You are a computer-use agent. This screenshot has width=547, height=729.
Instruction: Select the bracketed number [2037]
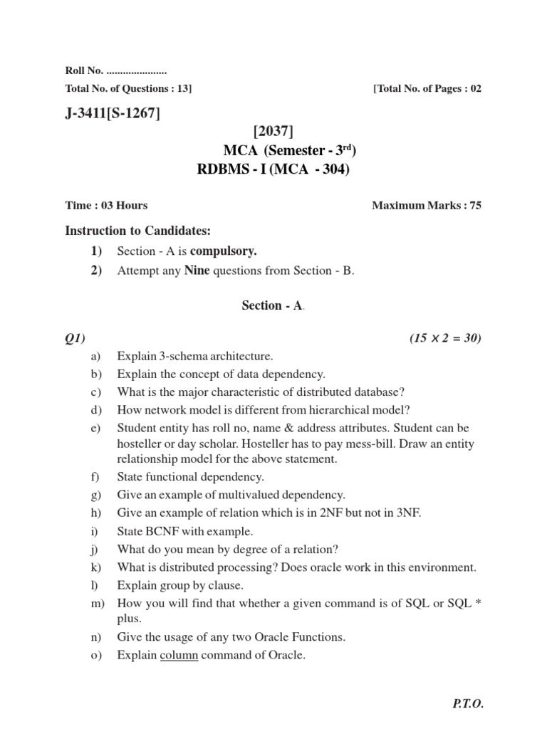click(273, 131)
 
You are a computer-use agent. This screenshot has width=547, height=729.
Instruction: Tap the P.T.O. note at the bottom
click(467, 703)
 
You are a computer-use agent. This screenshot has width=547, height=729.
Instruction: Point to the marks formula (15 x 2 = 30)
click(445, 338)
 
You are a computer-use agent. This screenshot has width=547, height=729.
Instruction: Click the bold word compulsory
click(223, 251)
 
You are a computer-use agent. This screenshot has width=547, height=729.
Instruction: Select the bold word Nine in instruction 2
click(197, 271)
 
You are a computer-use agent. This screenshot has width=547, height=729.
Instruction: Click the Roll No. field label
click(84, 70)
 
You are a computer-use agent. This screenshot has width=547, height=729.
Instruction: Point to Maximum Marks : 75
click(427, 206)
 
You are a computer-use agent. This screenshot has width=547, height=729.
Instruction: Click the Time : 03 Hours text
click(106, 206)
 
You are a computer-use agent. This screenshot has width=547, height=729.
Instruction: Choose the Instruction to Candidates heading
click(138, 230)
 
